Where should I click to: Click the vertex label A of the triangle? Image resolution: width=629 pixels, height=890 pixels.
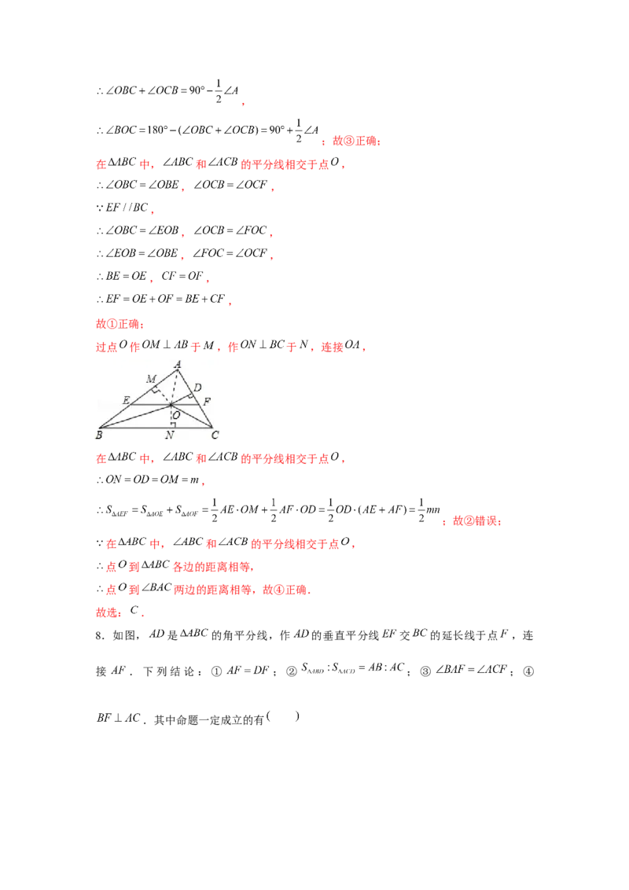(x=178, y=364)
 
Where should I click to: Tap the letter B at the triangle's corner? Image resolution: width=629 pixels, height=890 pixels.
(x=99, y=435)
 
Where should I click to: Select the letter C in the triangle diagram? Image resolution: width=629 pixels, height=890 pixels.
(x=215, y=435)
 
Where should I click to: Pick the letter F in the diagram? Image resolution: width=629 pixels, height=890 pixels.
(x=206, y=402)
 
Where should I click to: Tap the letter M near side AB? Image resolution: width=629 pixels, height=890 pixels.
(x=151, y=380)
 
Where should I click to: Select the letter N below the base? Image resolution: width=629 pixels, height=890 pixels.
(x=171, y=436)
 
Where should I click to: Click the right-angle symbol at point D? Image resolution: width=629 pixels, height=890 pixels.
(x=190, y=394)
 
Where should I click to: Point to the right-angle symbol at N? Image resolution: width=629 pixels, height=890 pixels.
(x=175, y=425)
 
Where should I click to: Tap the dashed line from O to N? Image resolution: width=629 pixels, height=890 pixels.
(x=172, y=417)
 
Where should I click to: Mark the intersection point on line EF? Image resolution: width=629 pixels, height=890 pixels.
(x=172, y=404)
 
